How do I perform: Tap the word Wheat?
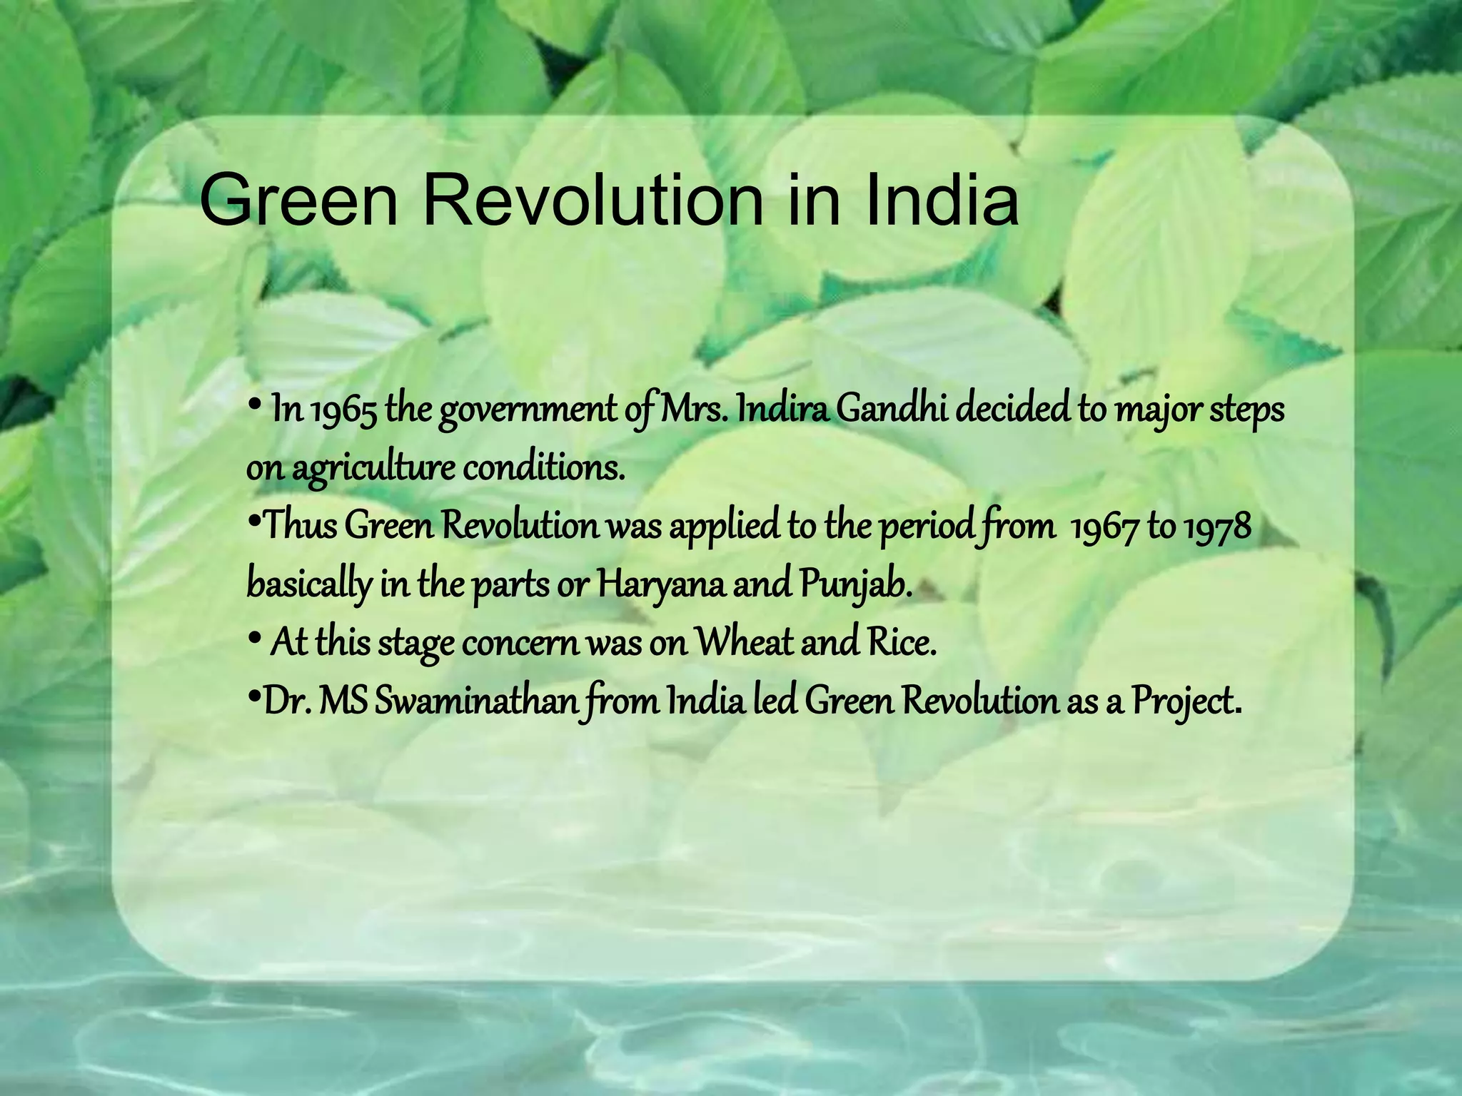click(x=743, y=642)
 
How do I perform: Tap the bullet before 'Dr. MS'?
click(x=253, y=696)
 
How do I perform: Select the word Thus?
click(x=301, y=527)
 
